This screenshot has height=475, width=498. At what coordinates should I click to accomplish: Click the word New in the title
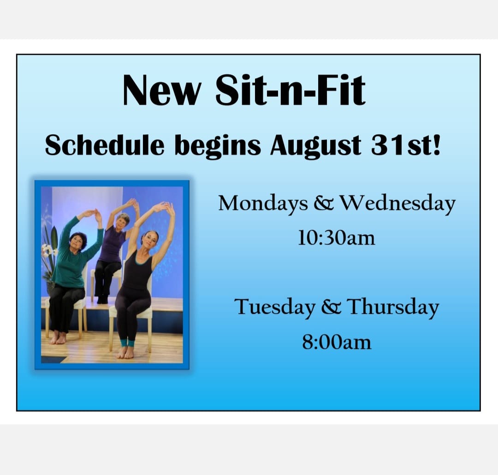(x=162, y=90)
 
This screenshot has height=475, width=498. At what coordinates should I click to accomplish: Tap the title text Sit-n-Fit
(x=290, y=90)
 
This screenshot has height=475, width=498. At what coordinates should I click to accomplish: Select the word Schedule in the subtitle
(x=105, y=145)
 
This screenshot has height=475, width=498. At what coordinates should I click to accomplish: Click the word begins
(x=218, y=147)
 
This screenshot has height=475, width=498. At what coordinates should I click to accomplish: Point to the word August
(x=316, y=146)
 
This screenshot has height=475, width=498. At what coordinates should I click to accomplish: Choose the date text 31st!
(x=406, y=145)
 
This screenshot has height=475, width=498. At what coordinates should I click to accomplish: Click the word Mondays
(x=263, y=204)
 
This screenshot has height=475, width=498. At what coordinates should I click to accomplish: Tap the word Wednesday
(x=397, y=204)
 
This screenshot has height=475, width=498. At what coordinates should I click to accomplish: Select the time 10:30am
(x=336, y=238)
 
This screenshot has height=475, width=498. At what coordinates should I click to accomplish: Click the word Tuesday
(x=275, y=307)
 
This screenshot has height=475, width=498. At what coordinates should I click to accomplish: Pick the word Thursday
(x=392, y=307)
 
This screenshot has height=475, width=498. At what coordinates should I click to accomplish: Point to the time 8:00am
(x=337, y=342)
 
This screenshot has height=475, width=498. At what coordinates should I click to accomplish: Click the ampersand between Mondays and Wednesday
(x=324, y=203)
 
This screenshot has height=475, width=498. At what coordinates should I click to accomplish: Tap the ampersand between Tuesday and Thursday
(x=331, y=307)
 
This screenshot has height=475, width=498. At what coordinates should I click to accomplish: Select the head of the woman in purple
(x=123, y=221)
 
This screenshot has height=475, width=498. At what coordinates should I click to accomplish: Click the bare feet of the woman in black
(x=126, y=352)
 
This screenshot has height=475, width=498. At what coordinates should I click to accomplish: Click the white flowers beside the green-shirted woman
(x=47, y=251)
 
